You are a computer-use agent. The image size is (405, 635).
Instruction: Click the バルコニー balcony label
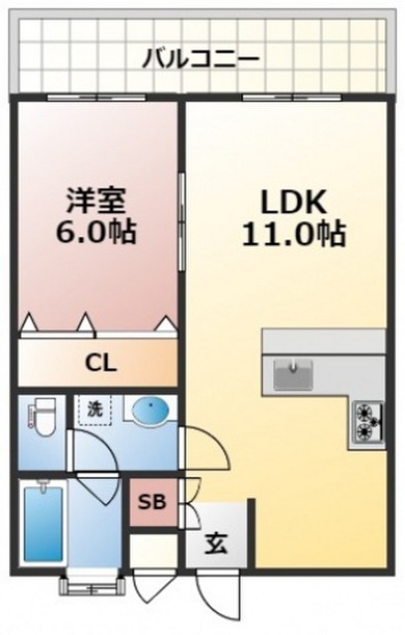(x=201, y=60)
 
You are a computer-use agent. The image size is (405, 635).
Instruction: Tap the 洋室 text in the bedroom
(x=96, y=200)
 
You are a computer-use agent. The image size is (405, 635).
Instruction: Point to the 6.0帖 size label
(x=95, y=232)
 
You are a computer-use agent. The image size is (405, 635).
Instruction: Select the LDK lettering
(x=294, y=201)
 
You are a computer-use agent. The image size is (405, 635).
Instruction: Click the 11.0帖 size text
(x=294, y=234)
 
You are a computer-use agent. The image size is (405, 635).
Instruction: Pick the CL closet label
(x=101, y=363)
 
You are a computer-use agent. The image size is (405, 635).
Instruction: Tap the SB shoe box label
(x=152, y=502)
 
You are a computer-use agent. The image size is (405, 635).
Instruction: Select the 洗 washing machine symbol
(x=95, y=410)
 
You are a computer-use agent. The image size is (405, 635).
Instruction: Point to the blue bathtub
(x=44, y=523)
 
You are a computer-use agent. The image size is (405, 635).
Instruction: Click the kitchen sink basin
(x=293, y=374)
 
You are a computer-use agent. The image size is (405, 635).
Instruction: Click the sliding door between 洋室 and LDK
(x=182, y=221)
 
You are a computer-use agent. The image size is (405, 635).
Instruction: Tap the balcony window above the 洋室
(x=96, y=97)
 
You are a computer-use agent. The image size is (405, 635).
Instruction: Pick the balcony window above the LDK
(x=292, y=97)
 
